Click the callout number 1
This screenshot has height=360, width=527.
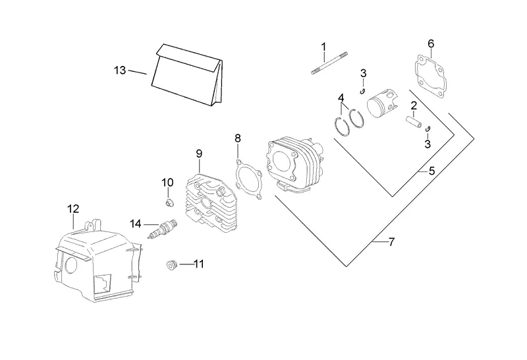tap(323, 46)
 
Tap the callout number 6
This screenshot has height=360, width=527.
tap(431, 44)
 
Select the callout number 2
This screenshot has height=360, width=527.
tap(414, 105)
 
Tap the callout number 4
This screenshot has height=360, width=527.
tap(341, 98)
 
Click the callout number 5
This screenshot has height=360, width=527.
tap(431, 171)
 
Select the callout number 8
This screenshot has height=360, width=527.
tap(238, 138)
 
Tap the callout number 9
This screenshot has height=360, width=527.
tap(198, 154)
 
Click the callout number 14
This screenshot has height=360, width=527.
tap(135, 224)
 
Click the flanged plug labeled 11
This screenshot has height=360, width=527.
tap(171, 265)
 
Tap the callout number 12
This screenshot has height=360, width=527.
tap(72, 209)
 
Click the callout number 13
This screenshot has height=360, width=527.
tap(119, 70)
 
